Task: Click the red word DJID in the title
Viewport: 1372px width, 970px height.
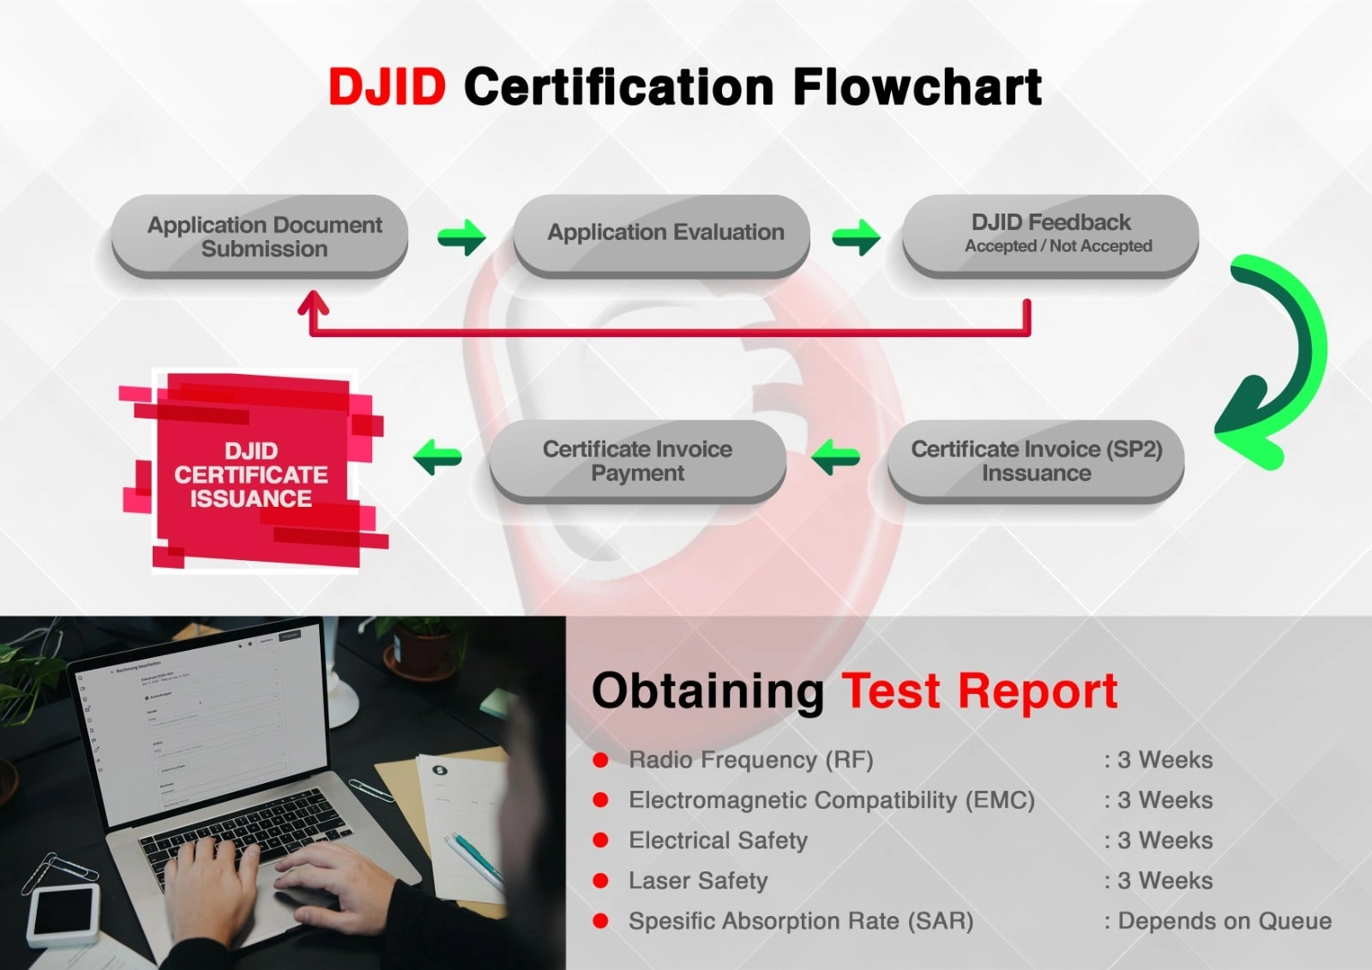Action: pos(388,87)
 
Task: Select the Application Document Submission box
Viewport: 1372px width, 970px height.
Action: pos(261,236)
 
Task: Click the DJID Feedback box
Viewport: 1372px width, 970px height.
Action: pos(1050,233)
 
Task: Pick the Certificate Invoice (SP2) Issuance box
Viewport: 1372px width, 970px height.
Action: pos(1036,461)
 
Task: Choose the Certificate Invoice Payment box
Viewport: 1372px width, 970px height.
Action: pos(637,461)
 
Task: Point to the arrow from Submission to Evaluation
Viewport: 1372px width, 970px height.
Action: pos(462,237)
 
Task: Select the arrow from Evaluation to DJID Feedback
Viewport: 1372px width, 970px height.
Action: pos(856,237)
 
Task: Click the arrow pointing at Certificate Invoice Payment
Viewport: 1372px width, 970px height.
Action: pos(836,456)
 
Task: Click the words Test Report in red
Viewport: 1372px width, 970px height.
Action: pos(979,691)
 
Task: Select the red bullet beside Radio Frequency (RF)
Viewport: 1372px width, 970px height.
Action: pos(601,760)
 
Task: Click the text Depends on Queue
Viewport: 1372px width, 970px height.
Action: pos(1225,921)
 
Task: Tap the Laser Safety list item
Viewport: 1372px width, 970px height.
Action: pos(698,881)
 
